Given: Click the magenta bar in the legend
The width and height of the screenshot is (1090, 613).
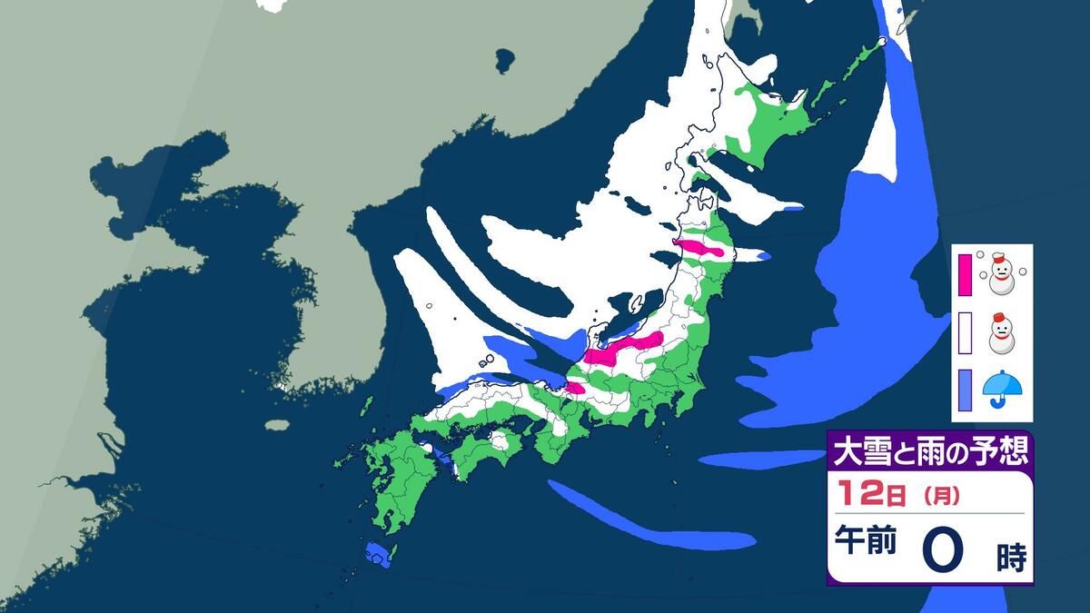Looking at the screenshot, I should [x=966, y=272].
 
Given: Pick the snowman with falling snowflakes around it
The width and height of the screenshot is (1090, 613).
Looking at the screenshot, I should [x=1002, y=273].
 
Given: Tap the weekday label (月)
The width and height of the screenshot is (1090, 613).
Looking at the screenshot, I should [x=941, y=497].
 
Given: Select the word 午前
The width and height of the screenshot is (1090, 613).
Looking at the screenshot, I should [x=866, y=542].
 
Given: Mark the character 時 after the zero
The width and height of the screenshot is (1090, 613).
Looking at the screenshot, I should [x=1010, y=557].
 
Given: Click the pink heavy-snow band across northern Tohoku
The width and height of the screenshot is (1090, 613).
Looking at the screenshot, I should [x=699, y=247].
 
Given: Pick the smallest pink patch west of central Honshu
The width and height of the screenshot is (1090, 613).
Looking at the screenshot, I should [x=575, y=389].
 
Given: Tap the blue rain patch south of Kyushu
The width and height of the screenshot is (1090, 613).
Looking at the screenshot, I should [x=376, y=554].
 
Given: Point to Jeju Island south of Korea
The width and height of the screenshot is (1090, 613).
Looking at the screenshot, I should [x=277, y=424].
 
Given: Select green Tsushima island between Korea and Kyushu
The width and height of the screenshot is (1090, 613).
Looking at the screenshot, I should [x=366, y=404].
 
